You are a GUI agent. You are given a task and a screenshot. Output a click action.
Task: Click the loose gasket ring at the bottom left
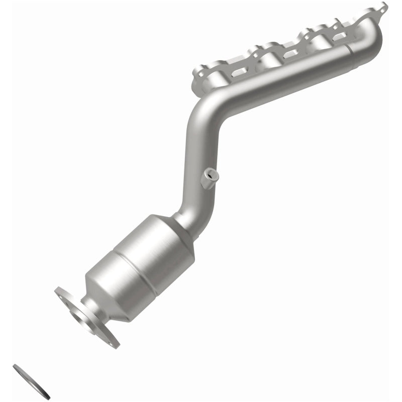point(31,380)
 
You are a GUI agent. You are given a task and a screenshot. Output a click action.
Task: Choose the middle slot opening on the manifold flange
point(292,53)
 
